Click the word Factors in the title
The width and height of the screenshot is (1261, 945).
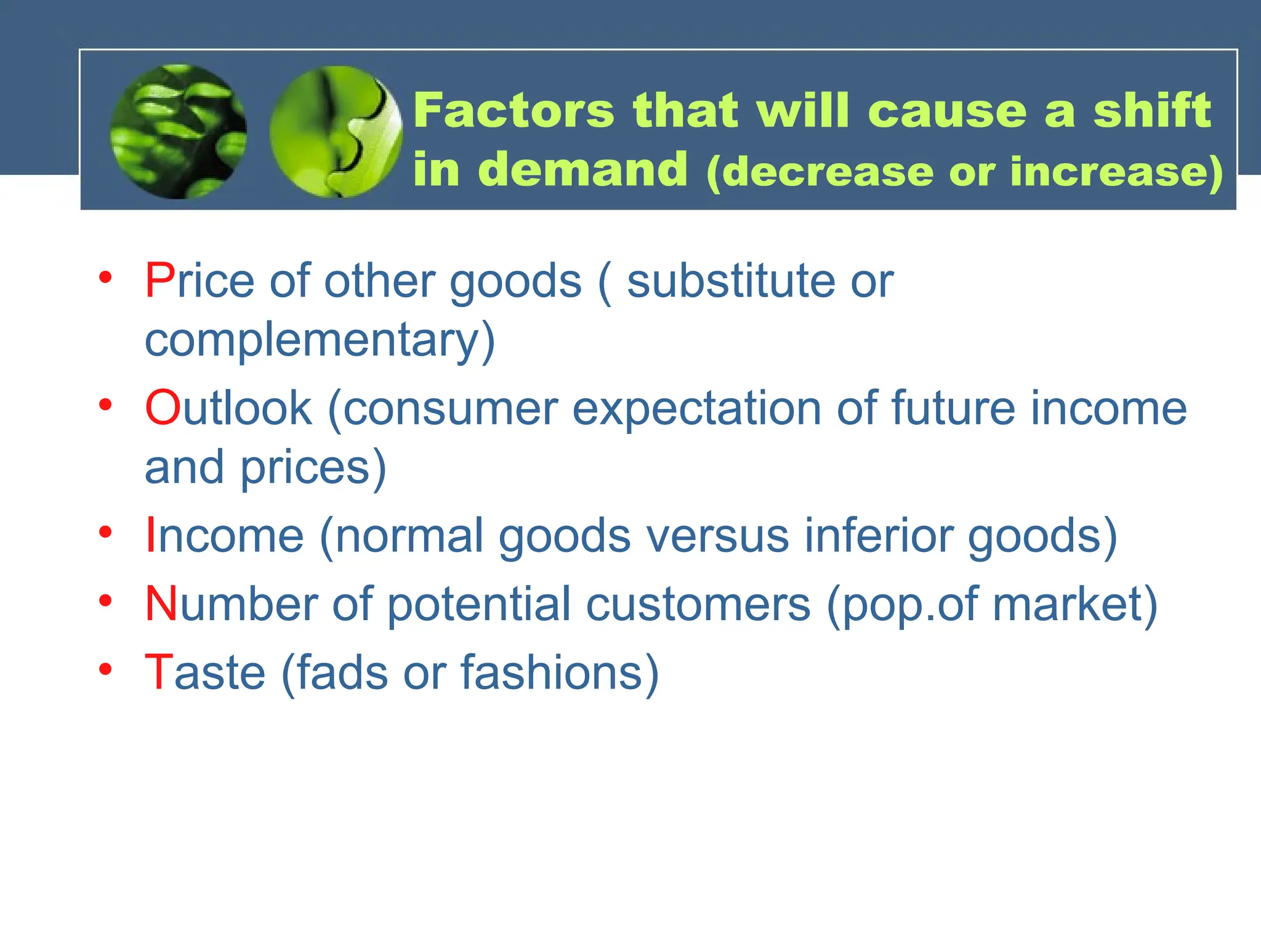point(514,111)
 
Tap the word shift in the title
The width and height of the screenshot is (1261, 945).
point(1152,111)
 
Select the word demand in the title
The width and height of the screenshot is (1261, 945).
point(582,170)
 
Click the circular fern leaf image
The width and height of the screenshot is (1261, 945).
point(179,132)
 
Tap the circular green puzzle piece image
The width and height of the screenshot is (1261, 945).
point(336,132)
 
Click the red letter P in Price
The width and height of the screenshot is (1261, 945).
point(159,281)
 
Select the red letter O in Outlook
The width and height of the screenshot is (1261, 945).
point(163,408)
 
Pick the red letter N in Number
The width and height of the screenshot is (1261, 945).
point(161,604)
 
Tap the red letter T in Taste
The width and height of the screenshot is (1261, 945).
point(158,672)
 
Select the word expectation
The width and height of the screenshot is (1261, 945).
point(696,408)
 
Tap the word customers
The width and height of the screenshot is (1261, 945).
point(698,604)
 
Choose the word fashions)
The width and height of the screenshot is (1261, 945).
point(560,672)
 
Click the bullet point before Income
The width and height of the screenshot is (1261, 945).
point(105,532)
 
